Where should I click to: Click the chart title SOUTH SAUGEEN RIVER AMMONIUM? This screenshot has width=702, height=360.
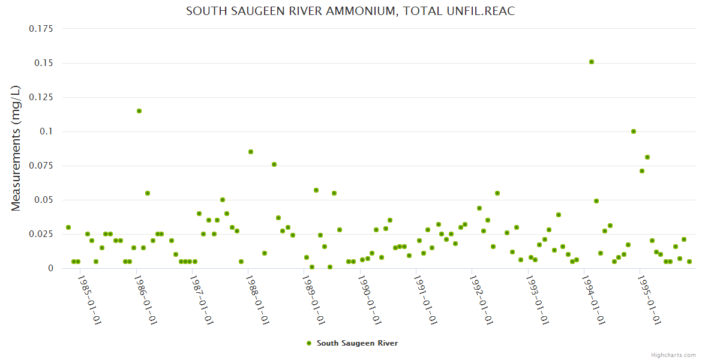pos(350,11)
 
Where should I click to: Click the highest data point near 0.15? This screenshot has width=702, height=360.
pos(592,62)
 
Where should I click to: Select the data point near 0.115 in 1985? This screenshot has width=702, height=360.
pos(139,111)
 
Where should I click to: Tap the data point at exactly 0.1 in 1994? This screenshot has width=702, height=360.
pos(634,131)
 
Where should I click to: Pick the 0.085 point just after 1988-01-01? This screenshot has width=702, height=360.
pos(251,152)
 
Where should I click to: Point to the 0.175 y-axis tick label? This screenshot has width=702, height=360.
pos(41,29)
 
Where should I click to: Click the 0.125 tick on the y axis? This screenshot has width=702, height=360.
pos(41,97)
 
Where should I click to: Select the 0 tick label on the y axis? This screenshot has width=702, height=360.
pos(50,268)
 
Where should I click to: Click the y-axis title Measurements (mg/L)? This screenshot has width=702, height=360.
pos(16,148)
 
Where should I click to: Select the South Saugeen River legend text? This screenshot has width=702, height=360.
pos(357,343)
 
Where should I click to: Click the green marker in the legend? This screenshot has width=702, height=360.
pos(309,343)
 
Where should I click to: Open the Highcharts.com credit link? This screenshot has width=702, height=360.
pos(673,355)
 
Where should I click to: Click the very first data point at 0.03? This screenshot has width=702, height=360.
pos(68,227)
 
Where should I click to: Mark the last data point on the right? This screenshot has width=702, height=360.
pos(689,262)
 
